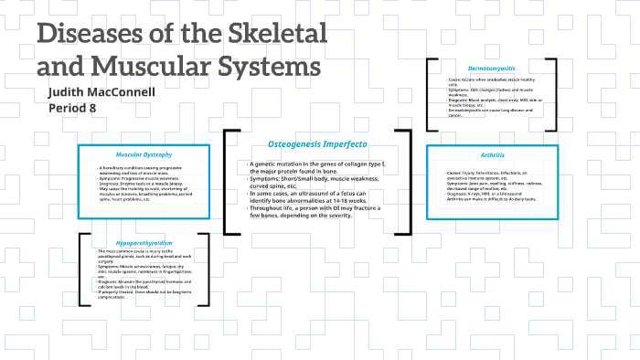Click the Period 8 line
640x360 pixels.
click(71, 109)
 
